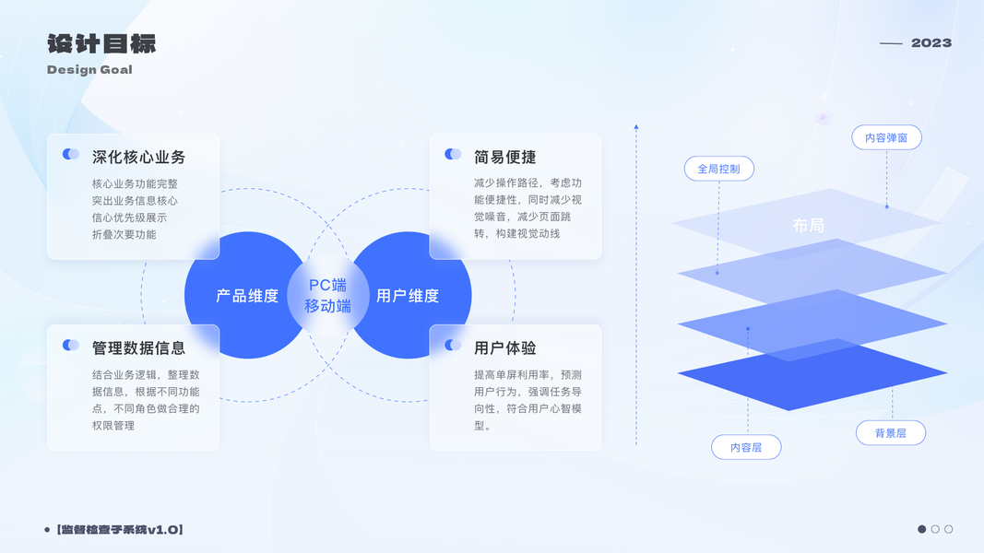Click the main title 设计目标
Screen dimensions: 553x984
pos(101,43)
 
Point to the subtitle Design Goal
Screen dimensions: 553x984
pos(89,69)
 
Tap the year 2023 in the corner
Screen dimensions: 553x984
pos(931,42)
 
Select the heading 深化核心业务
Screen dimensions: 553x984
pos(138,157)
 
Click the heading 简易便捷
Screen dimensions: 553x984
pos(504,157)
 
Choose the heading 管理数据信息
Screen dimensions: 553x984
pos(138,347)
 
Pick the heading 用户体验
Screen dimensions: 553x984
pos(504,347)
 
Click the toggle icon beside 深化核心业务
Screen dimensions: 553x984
pos(71,155)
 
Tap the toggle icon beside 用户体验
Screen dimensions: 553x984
pos(453,346)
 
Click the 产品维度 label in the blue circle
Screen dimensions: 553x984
pos(247,296)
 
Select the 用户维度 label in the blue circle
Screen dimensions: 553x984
pos(408,296)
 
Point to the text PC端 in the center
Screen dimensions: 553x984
pos(327,285)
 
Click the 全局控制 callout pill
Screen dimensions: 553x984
pos(718,169)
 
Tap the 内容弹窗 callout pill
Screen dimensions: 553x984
pos(886,138)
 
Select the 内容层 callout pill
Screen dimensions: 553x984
pos(746,447)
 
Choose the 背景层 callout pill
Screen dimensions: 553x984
pos(890,432)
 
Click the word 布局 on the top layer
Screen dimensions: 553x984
pos(808,225)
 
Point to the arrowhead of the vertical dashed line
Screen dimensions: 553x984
pos(635,126)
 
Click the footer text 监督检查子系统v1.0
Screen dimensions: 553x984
pos(120,529)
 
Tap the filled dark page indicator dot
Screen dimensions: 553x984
pos(921,529)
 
